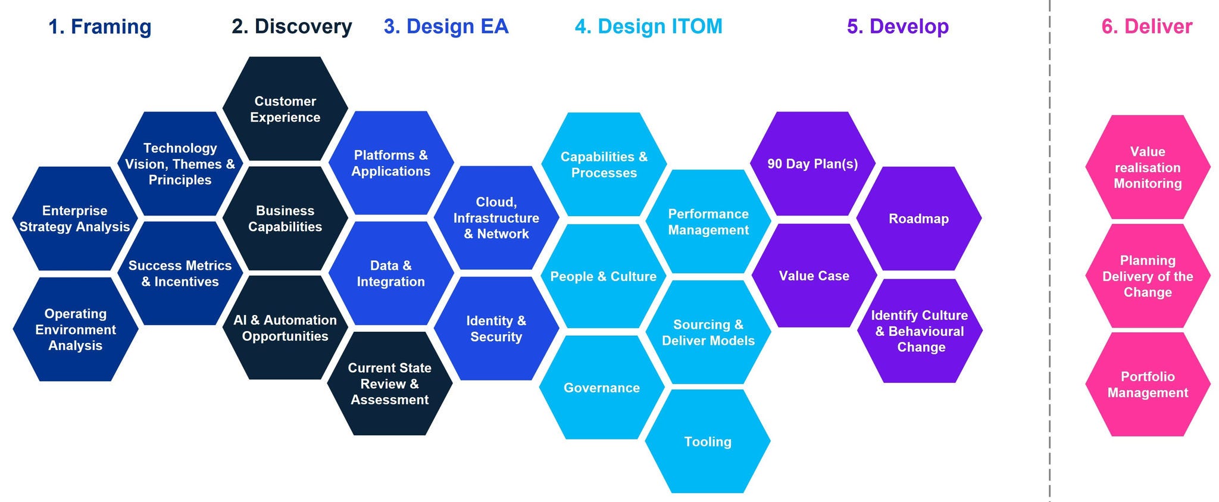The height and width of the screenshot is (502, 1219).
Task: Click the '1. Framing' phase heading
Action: click(x=99, y=27)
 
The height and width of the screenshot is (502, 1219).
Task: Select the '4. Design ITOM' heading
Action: click(x=648, y=27)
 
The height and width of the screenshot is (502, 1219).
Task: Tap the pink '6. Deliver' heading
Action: click(x=1146, y=27)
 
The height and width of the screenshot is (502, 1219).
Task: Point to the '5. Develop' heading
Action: click(x=898, y=27)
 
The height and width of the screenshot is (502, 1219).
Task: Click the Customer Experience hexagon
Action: click(x=285, y=109)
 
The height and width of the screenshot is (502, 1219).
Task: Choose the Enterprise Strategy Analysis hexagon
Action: click(x=75, y=219)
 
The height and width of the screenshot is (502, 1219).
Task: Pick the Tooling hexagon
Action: click(x=708, y=442)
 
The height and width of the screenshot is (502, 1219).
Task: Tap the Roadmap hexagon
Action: click(x=918, y=219)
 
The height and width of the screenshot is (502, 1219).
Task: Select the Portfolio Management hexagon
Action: click(x=1148, y=385)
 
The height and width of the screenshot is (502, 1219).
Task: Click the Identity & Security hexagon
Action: click(x=496, y=329)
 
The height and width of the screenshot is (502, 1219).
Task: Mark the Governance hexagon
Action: click(x=602, y=388)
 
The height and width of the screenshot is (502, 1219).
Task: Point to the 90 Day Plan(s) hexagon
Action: click(x=812, y=164)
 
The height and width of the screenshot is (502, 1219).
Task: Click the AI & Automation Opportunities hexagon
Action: click(x=285, y=328)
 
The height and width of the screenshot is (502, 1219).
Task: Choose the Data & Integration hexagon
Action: click(x=390, y=274)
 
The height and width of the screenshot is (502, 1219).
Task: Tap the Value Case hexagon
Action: click(x=814, y=276)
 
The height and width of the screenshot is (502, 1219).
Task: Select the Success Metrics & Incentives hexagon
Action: click(x=180, y=274)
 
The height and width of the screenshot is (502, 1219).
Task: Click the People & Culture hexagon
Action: click(x=603, y=276)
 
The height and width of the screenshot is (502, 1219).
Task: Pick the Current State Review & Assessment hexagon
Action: click(x=390, y=383)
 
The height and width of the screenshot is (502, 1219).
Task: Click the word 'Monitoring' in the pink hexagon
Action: click(x=1148, y=183)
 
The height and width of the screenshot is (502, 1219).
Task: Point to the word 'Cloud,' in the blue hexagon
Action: click(x=496, y=202)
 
